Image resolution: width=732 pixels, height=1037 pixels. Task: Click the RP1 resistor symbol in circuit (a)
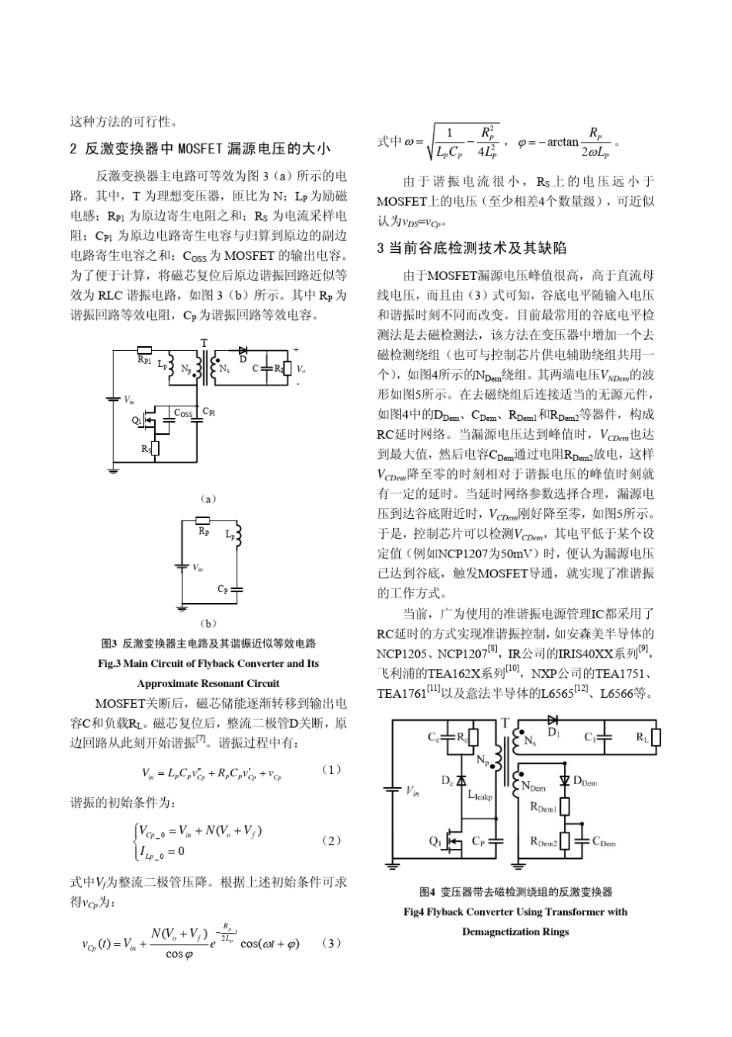pos(144,351)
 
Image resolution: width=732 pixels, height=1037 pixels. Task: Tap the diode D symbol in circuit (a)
pos(243,351)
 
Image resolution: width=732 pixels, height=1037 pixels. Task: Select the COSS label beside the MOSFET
pos(183,413)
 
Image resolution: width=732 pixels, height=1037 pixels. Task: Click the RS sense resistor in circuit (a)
pos(154,448)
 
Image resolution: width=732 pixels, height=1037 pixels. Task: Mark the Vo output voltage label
pos(301,369)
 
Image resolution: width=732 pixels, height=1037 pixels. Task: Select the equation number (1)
pos(331,770)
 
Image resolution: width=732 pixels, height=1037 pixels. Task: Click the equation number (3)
pos(331,943)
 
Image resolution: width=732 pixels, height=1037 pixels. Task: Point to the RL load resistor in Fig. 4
pos(656,737)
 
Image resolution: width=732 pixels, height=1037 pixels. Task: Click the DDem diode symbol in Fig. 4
pos(564,779)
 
